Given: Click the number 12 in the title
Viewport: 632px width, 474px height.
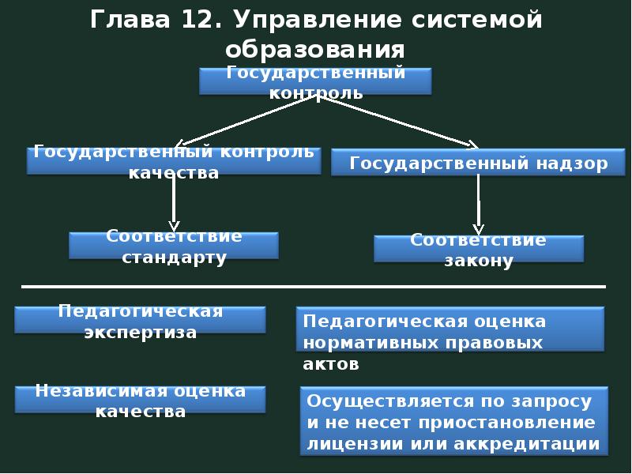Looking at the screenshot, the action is coord(191,20).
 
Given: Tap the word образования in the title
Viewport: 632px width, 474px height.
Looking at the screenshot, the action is coord(314,50).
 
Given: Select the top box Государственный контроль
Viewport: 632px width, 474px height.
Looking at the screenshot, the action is coord(315,82).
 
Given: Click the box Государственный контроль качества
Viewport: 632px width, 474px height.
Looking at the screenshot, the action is coord(174,161).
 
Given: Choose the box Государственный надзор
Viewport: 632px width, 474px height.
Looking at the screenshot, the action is coord(478,163).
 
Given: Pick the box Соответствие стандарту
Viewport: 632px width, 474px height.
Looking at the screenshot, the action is coord(174,246).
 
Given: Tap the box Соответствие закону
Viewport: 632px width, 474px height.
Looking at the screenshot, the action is coord(478,249).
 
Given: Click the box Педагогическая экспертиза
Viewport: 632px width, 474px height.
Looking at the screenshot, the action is coord(140,321).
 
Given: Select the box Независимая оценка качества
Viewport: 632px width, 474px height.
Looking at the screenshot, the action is coord(140,401).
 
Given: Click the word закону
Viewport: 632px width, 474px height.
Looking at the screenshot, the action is coord(479,261).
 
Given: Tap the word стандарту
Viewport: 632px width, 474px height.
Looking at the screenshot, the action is coord(174,258).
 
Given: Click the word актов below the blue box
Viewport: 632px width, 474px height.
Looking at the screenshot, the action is coord(331,364).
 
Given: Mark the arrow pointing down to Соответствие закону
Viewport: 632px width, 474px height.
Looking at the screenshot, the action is coord(478,205).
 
